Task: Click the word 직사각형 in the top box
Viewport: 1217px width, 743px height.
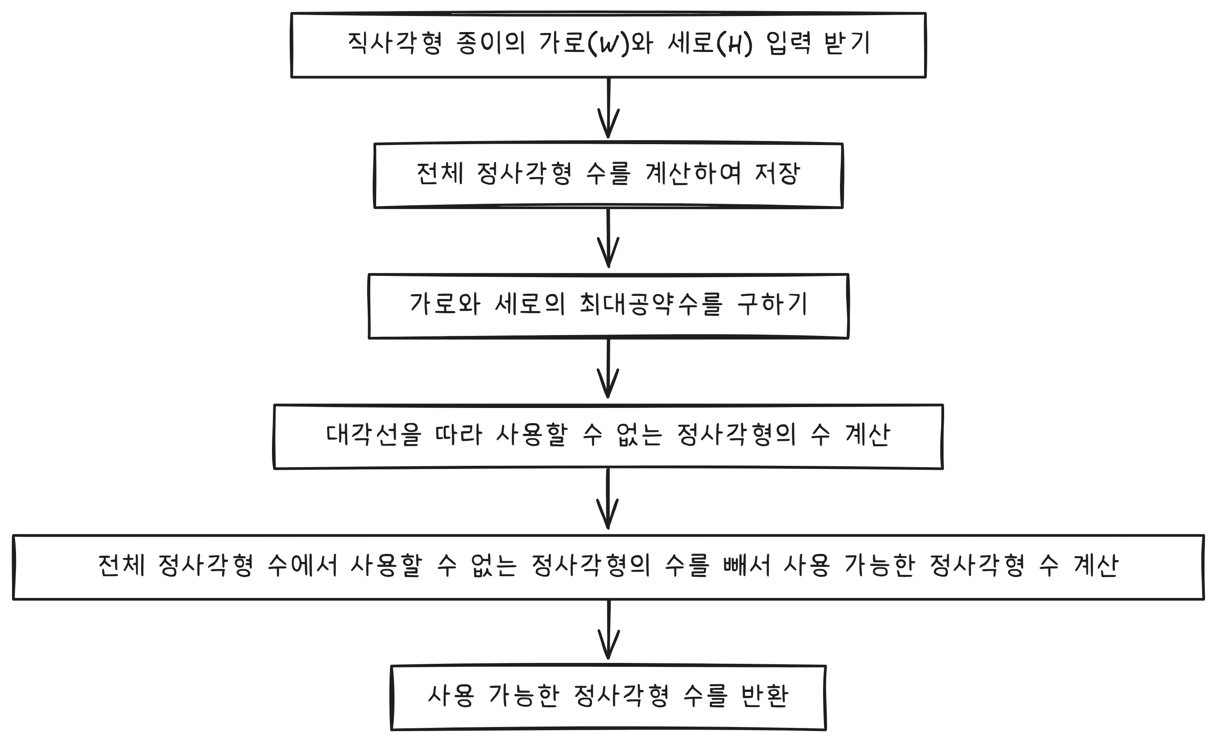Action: coord(394,43)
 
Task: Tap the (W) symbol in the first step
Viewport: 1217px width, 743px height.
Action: coord(608,44)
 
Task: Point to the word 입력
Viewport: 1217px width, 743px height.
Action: coord(788,43)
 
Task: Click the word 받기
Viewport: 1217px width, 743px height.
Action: coord(847,43)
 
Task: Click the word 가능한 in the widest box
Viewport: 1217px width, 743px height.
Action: coord(880,565)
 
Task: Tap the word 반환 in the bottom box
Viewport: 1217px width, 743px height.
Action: coord(764,696)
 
